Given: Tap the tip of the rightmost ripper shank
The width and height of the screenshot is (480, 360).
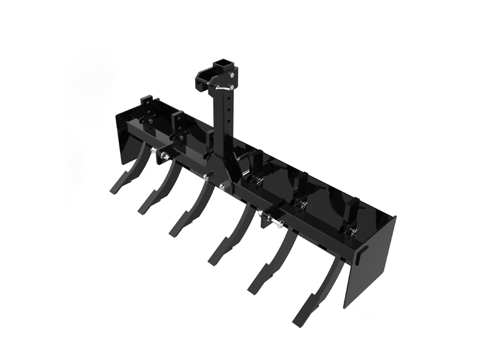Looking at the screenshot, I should pyautogui.click(x=300, y=317).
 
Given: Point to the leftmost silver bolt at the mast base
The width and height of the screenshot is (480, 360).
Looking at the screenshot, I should pyautogui.click(x=207, y=176).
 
